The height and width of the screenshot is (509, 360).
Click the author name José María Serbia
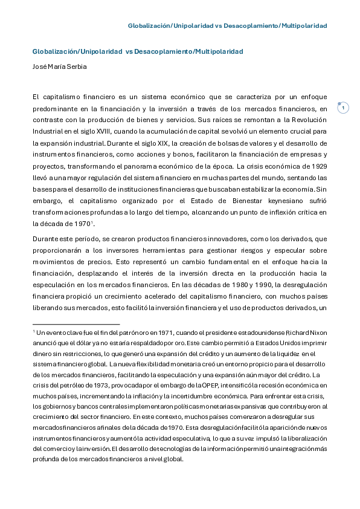[x=59, y=66]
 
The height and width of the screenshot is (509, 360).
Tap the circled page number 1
[x=343, y=108]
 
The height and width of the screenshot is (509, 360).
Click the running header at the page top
[x=227, y=26]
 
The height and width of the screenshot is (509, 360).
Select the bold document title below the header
[x=138, y=52]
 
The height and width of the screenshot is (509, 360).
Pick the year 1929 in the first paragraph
[x=316, y=166]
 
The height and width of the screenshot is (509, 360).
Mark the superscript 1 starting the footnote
[x=34, y=331]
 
